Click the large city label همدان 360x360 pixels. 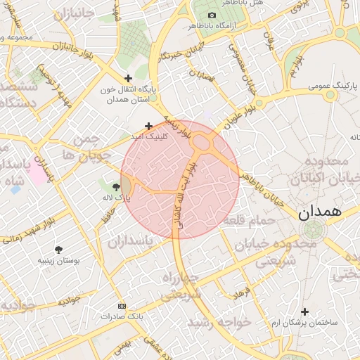click(x=320, y=211)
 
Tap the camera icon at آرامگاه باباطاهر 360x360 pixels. click(x=212, y=15)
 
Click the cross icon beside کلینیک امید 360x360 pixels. click(x=148, y=126)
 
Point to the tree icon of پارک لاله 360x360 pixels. click(x=115, y=186)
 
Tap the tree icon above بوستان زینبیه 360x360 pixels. click(x=58, y=249)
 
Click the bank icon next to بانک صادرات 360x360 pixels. click(x=122, y=307)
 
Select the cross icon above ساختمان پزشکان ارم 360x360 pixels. click(x=304, y=311)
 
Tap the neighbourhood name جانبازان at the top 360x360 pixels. click(x=72, y=13)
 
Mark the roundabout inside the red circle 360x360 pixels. click(x=203, y=143)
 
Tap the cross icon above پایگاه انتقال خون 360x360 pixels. click(x=127, y=78)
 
